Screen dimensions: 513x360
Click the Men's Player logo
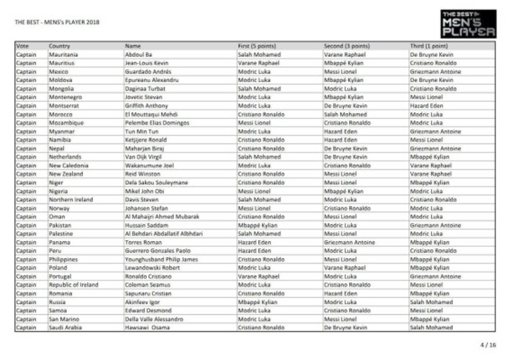point(468,24)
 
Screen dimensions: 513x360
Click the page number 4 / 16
point(488,345)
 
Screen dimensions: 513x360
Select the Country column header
point(60,46)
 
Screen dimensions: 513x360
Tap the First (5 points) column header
point(257,46)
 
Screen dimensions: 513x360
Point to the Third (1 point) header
point(429,46)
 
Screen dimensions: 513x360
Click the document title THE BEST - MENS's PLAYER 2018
point(57,22)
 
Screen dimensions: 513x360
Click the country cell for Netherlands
point(65,157)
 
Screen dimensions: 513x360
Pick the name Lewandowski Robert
point(153,268)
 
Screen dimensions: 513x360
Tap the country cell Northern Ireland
point(71,200)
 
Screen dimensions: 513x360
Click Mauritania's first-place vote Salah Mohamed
point(259,55)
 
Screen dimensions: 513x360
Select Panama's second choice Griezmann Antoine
point(350,243)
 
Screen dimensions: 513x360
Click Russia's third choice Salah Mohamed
point(431,302)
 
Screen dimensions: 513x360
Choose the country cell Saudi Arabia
point(65,328)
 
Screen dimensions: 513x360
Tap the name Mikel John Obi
point(145,191)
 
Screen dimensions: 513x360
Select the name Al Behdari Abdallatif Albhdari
point(163,234)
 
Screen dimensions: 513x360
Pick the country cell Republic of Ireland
point(73,285)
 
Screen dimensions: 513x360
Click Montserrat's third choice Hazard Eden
point(426,106)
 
